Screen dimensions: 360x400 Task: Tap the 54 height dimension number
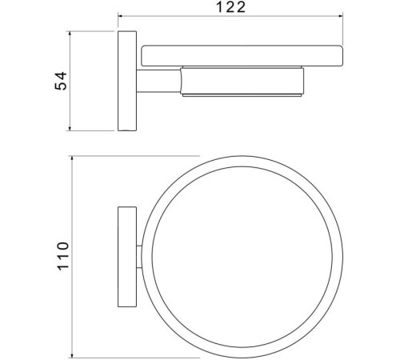[59, 81]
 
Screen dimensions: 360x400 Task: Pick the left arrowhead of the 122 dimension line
[122, 18]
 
